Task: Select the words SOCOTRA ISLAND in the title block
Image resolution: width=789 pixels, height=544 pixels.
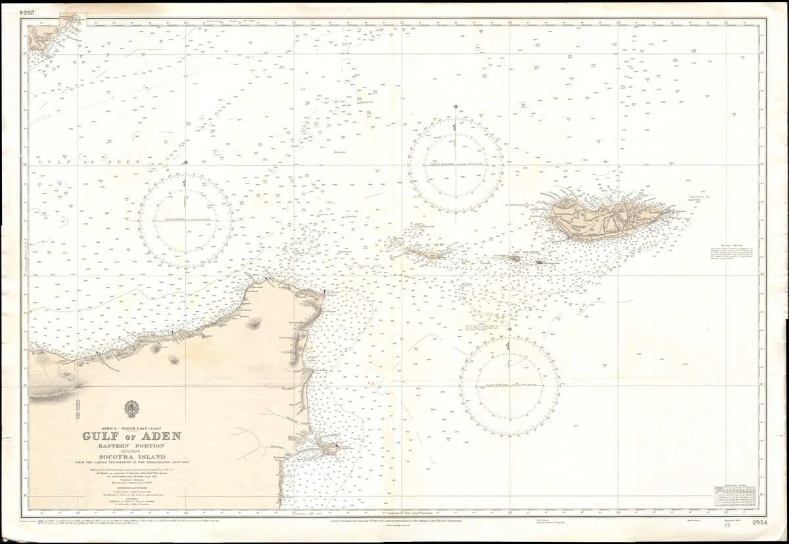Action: tap(131, 456)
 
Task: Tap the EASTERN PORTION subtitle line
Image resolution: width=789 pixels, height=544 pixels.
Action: tap(131, 445)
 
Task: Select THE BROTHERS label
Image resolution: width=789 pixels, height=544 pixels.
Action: tap(526, 251)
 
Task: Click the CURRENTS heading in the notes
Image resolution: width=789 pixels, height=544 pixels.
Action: tap(131, 497)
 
